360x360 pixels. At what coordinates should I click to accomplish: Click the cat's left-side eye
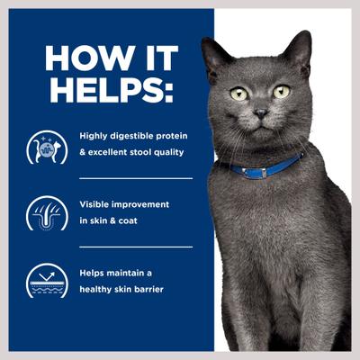click(x=239, y=94)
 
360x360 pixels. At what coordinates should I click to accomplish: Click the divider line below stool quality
click(x=135, y=178)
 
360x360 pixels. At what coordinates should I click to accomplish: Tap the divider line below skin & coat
click(x=135, y=247)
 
